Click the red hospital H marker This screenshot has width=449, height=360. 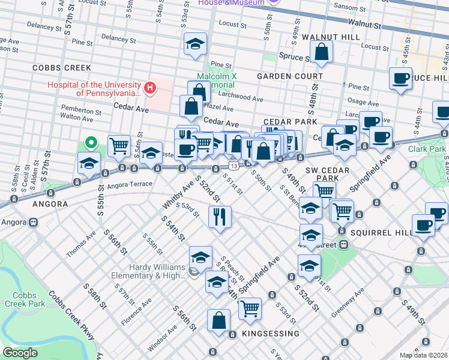[150, 89]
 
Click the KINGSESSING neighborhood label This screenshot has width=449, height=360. [270, 333]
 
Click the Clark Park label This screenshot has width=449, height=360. [427, 149]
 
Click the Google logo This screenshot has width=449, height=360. [20, 353]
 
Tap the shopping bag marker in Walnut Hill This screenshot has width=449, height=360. [322, 53]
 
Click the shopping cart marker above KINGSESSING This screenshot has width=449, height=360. [250, 309]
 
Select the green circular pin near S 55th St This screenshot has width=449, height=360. [91, 142]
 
